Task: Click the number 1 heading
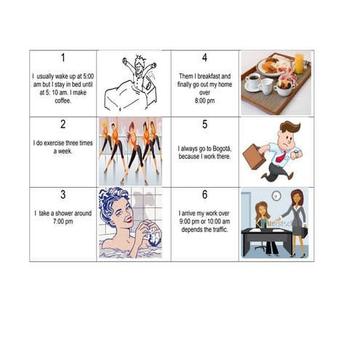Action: tap(63, 57)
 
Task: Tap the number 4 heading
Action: tap(204, 57)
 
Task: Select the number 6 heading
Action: tap(205, 194)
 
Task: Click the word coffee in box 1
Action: tap(63, 100)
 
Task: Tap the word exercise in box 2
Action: tap(55, 143)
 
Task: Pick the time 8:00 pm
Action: tap(204, 100)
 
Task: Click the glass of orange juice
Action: tap(299, 64)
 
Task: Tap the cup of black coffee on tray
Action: tap(252, 81)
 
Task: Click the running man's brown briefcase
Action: tap(254, 156)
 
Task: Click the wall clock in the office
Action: tap(276, 196)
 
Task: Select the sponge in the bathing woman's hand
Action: tap(153, 234)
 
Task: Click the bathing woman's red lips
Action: tap(129, 220)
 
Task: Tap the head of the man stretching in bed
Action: tap(140, 64)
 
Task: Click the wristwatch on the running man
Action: tap(297, 153)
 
